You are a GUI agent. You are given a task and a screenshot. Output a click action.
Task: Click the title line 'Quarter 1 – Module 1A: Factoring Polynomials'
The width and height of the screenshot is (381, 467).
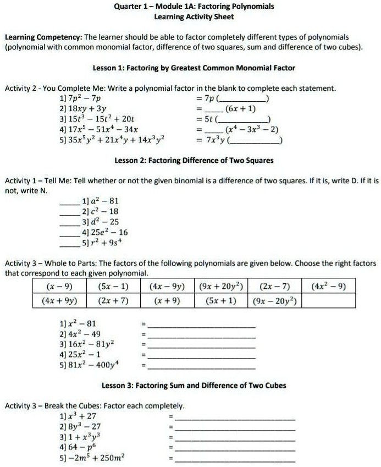[194, 7]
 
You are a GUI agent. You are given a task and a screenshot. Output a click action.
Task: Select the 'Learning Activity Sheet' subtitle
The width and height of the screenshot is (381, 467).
[194, 17]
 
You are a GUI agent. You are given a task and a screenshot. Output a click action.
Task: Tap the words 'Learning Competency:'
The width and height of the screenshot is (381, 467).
[43, 37]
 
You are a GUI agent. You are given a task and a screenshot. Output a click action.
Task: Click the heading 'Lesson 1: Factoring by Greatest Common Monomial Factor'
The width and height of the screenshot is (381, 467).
[194, 68]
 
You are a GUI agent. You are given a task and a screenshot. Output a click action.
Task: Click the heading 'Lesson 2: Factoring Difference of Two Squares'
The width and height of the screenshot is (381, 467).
[194, 161]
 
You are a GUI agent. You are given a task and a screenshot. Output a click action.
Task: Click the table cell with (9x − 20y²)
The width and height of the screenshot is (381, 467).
[275, 301]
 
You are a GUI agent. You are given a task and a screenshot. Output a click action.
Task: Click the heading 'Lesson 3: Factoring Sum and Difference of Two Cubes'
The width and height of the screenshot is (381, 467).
[194, 385]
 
